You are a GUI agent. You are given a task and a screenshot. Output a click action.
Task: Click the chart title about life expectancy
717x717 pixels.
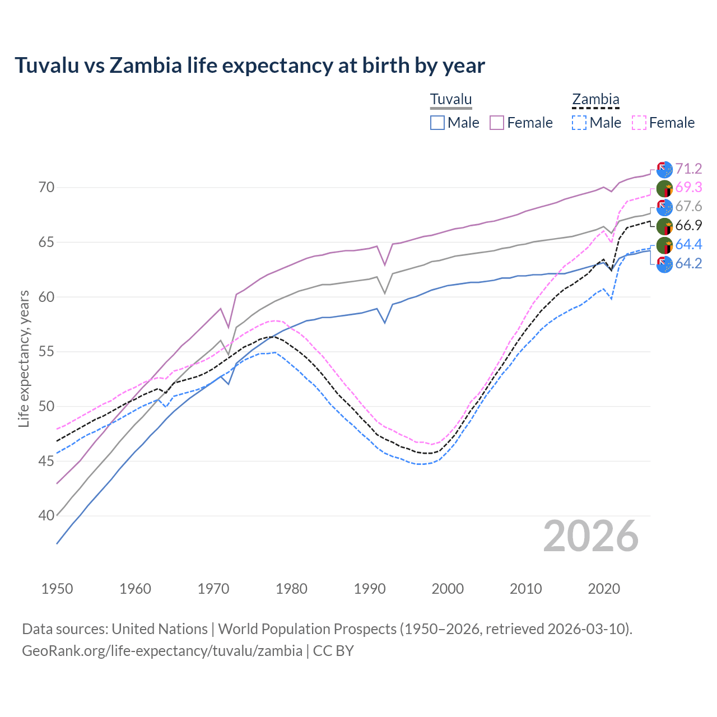click(249, 66)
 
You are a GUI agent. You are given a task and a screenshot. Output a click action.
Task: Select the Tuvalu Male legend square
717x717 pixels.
click(437, 123)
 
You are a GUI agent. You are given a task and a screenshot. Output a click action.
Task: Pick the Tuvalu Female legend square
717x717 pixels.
click(497, 123)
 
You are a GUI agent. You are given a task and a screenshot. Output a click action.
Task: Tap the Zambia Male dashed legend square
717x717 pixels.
click(579, 123)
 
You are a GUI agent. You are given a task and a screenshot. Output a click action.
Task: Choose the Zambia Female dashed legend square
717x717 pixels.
click(639, 123)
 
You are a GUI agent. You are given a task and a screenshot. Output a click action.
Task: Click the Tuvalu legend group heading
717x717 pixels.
click(451, 100)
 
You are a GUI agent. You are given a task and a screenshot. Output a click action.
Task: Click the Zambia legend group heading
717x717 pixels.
click(595, 100)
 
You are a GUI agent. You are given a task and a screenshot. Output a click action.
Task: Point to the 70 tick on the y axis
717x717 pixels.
click(46, 188)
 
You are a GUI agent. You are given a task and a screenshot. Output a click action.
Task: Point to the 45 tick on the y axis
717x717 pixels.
click(46, 461)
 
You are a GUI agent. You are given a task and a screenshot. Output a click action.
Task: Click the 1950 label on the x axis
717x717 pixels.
click(57, 589)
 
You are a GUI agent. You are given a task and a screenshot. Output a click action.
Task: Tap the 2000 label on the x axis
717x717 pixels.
click(448, 589)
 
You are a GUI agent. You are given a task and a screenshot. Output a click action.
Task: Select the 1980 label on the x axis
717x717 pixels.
click(291, 589)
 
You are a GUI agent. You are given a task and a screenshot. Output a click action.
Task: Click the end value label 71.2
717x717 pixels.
click(688, 169)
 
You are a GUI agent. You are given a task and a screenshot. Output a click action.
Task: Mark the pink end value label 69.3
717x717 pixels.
click(688, 188)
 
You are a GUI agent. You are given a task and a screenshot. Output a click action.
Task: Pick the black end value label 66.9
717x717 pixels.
click(688, 225)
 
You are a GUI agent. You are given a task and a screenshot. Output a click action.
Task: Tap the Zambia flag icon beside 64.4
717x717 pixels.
click(664, 245)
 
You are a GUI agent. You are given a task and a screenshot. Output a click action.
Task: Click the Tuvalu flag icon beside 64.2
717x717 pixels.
click(664, 264)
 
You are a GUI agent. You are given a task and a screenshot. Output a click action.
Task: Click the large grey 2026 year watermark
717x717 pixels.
click(590, 537)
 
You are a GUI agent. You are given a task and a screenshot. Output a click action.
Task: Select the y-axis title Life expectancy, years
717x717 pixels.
click(24, 358)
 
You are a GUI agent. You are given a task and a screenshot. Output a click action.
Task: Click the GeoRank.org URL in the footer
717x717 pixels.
click(162, 651)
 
